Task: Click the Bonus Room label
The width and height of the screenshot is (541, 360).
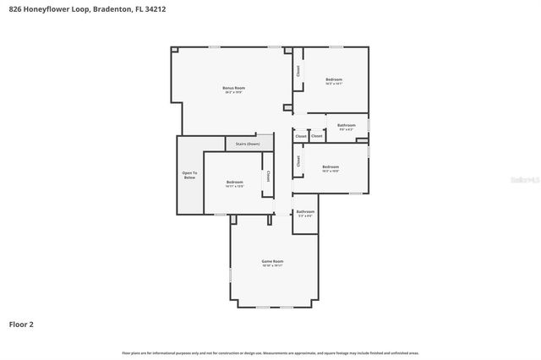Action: [233, 88]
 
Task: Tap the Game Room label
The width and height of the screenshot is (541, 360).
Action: [271, 261]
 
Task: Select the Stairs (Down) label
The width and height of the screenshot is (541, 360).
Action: [248, 144]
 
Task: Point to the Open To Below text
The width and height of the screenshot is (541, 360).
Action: [189, 176]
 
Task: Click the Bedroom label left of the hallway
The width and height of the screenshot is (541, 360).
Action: [234, 182]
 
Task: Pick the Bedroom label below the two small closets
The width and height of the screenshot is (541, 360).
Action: [330, 166]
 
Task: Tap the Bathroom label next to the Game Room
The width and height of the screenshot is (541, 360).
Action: [305, 211]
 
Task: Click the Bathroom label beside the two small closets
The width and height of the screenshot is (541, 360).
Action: [347, 125]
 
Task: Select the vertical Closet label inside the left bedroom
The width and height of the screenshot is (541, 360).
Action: [269, 177]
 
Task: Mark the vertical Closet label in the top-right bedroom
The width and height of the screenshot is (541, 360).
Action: [298, 73]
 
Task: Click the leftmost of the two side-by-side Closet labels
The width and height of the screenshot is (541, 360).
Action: [300, 136]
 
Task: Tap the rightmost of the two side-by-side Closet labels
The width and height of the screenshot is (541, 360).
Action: [317, 136]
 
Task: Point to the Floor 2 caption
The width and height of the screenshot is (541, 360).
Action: [21, 324]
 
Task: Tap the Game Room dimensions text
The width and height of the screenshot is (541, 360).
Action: [271, 266]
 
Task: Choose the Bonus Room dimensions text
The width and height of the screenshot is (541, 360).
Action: [233, 92]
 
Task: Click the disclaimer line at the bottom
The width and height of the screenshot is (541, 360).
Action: [270, 352]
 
